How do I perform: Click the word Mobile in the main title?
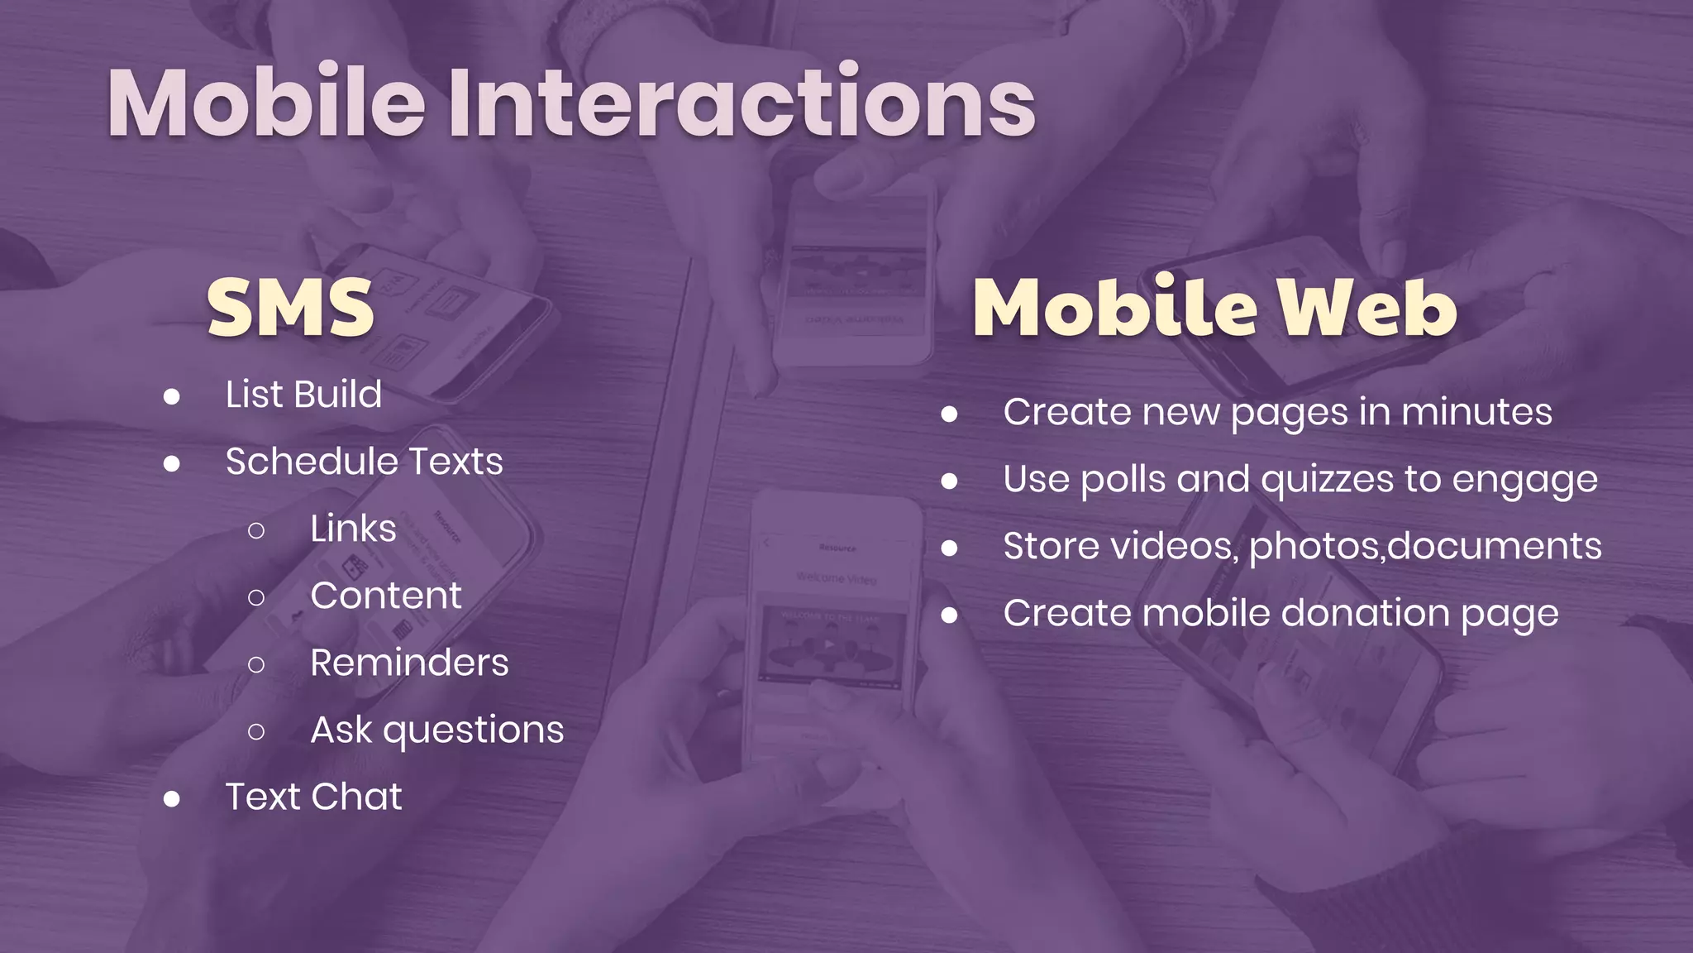[x=266, y=103]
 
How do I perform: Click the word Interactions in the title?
[x=742, y=103]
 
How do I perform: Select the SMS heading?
[x=291, y=308]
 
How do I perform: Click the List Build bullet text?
[x=303, y=395]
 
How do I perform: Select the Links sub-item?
[x=353, y=529]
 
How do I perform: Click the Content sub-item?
[x=386, y=596]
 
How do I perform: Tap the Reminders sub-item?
[x=409, y=663]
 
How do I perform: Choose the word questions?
[x=474, y=731]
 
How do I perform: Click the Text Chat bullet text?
[x=313, y=797]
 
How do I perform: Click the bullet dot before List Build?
[x=172, y=397]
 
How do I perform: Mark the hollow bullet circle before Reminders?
[x=256, y=664]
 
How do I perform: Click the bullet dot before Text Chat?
[x=172, y=799]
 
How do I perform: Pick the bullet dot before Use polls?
[x=949, y=481]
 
